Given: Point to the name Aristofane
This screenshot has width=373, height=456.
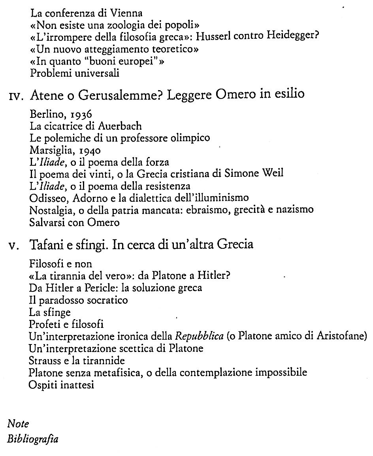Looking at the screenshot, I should click(342, 337).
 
